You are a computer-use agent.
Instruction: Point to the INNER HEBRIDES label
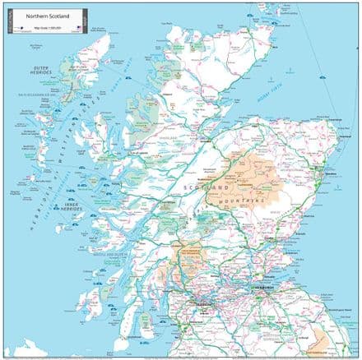73,206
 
